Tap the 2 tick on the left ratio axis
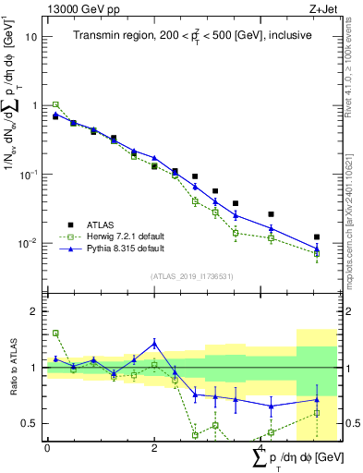tap(33, 311)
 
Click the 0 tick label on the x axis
tap(47, 447)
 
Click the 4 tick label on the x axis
tap(261, 447)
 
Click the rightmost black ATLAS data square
tap(317, 237)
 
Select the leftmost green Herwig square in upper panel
tap(55, 104)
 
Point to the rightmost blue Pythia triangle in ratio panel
tap(317, 400)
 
